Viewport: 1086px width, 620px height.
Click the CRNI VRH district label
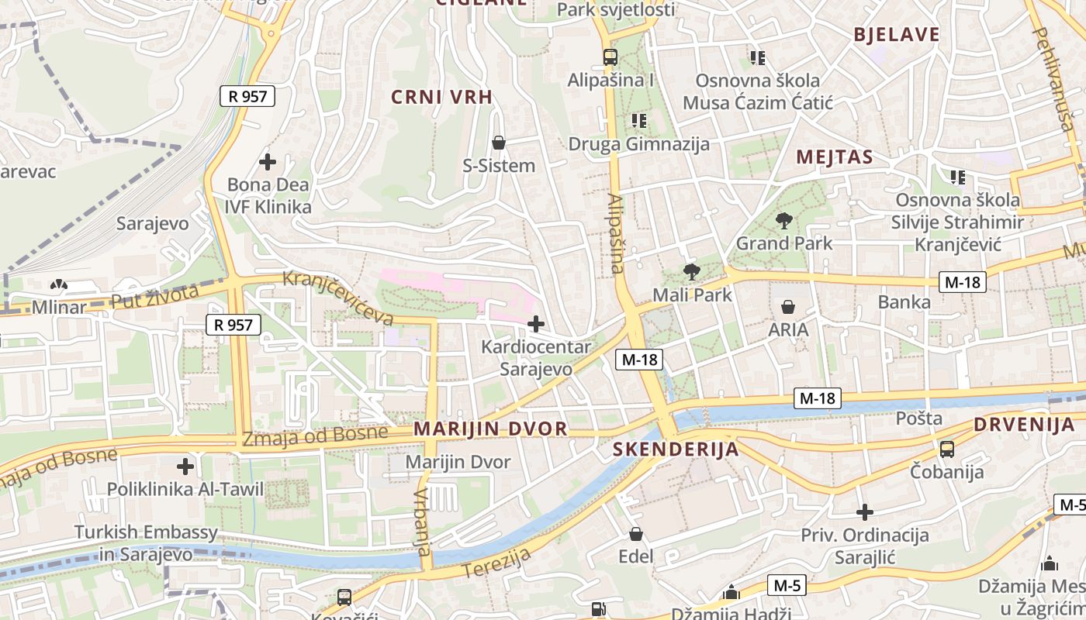[441, 97]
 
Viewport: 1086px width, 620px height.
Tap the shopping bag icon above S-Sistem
[499, 143]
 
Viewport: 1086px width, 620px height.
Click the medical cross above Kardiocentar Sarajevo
[535, 324]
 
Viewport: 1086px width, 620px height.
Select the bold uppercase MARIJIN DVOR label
[490, 429]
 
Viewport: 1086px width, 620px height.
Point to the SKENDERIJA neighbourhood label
[675, 449]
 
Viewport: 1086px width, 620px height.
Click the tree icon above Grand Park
[783, 221]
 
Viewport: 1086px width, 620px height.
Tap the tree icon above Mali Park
[691, 272]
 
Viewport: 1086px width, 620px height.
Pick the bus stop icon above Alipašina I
[610, 57]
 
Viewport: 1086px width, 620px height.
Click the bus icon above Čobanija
[946, 449]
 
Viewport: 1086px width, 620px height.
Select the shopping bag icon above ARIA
[788, 307]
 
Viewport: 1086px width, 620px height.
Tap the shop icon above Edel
[636, 534]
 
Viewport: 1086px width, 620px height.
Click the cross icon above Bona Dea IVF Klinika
[268, 162]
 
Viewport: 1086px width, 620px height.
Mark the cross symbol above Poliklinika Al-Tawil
[185, 467]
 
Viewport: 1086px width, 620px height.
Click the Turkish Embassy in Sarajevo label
[146, 543]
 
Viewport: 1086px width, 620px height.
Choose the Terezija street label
[497, 563]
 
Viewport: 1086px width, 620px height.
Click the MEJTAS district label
[834, 157]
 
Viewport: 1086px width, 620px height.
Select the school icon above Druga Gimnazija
[639, 120]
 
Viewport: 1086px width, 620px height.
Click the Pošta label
[919, 418]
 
